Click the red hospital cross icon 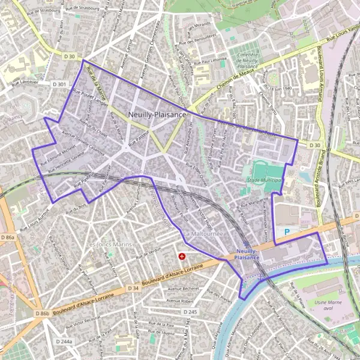tap(182, 256)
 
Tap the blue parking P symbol tap(287, 231)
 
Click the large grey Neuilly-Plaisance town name tap(157, 114)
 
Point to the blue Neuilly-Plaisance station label tap(248, 253)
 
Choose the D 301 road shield tap(59, 85)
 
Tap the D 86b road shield tap(42, 313)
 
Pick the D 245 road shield tap(190, 312)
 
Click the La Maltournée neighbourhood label tap(204, 233)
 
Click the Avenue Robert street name tap(182, 300)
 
